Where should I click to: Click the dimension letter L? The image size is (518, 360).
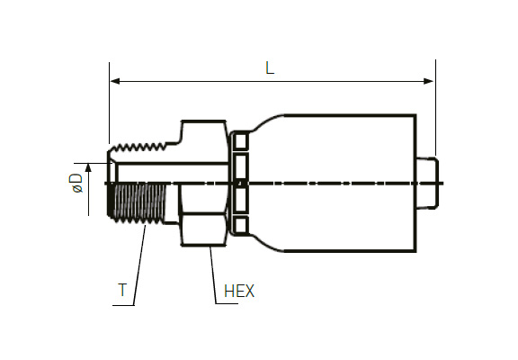coord(270,68)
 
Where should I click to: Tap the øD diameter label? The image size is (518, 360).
coord(76,183)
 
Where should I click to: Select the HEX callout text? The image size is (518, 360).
coord(239,292)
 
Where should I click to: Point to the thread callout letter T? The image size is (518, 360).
coord(122,290)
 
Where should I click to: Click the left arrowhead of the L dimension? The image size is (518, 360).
coord(115,81)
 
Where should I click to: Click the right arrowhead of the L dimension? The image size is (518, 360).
coord(428,81)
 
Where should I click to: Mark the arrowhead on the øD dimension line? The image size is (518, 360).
coord(88,168)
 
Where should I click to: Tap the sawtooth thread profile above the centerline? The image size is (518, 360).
coord(138,148)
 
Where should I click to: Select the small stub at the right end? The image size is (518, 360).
coord(427,184)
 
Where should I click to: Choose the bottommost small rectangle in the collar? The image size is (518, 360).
coord(240,225)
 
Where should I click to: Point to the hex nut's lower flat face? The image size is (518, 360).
coord(203,229)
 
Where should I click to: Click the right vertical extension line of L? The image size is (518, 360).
coord(436,108)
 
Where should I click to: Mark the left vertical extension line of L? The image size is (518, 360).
coord(110,103)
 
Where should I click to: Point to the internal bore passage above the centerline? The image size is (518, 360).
coord(172,173)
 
